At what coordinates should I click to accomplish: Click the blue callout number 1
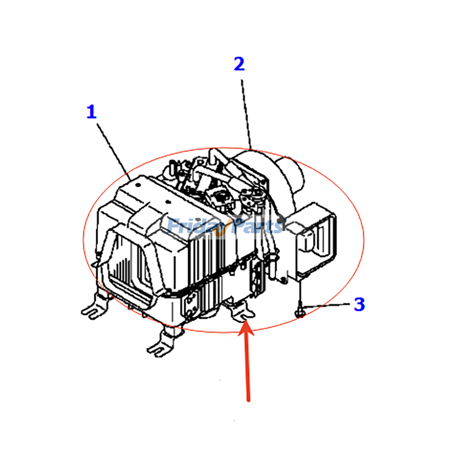pos(91,112)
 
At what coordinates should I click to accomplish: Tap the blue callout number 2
pos(239,64)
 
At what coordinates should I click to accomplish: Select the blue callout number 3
pos(359,304)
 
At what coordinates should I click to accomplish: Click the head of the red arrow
pos(246,329)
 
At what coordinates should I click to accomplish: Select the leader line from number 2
pos(246,113)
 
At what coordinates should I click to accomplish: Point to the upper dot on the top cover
pos(138,185)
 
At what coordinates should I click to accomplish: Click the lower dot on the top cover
pos(168,202)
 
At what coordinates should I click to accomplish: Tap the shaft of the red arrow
pos(247,369)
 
